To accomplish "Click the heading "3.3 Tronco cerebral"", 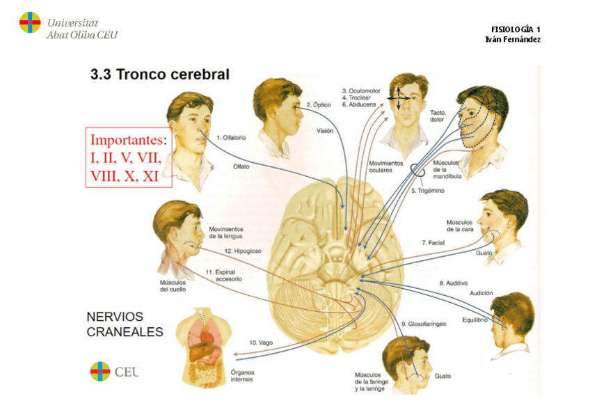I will [x=160, y=74].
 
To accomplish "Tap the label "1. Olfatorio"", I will [x=230, y=138].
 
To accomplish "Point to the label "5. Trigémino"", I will [x=426, y=190].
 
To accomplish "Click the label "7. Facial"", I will [x=433, y=243].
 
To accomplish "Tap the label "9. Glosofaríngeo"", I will [x=423, y=324].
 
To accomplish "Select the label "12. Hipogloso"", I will [x=242, y=251].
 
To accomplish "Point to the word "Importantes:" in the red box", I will [x=129, y=139].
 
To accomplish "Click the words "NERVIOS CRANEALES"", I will [x=125, y=324].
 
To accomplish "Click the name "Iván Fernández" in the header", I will [x=513, y=39].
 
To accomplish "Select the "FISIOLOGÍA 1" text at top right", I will [x=516, y=29].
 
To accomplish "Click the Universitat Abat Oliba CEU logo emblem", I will [x=30, y=22].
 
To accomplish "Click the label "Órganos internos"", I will [x=244, y=376].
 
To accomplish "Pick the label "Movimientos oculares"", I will [x=385, y=166].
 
